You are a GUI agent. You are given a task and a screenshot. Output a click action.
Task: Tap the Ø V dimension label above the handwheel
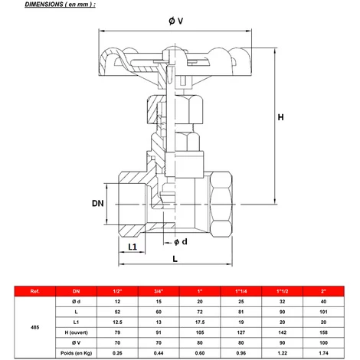(175, 21)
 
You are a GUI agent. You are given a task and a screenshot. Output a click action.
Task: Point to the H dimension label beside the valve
(280, 118)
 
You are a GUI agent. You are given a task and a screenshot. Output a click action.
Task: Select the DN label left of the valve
(97, 203)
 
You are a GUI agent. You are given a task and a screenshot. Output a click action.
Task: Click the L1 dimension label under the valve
(132, 247)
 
